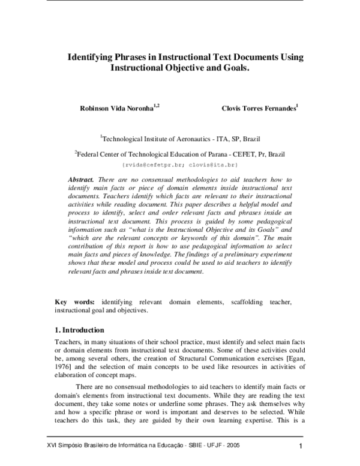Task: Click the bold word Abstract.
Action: [x=81, y=180]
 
